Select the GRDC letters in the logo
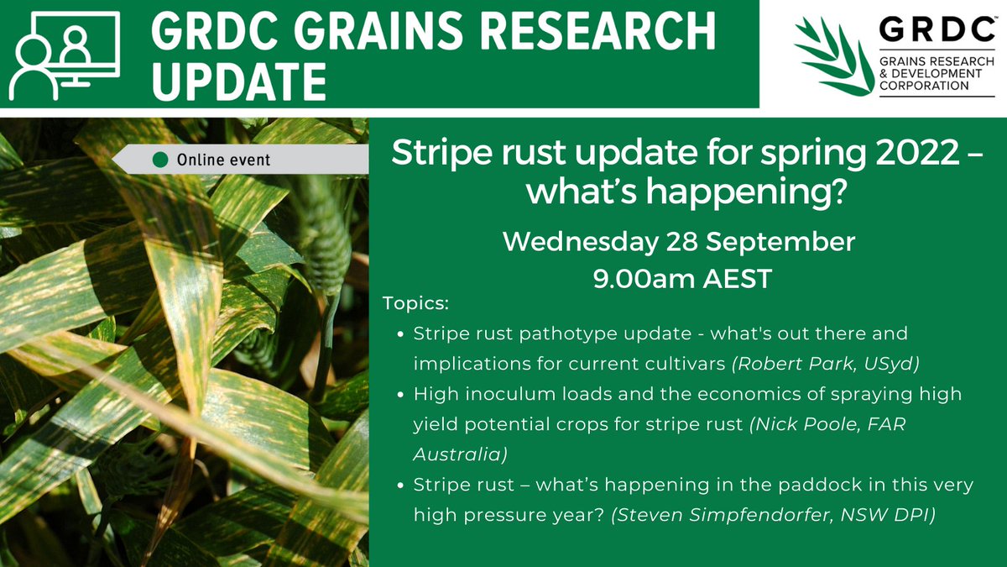931,31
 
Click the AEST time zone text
737,278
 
